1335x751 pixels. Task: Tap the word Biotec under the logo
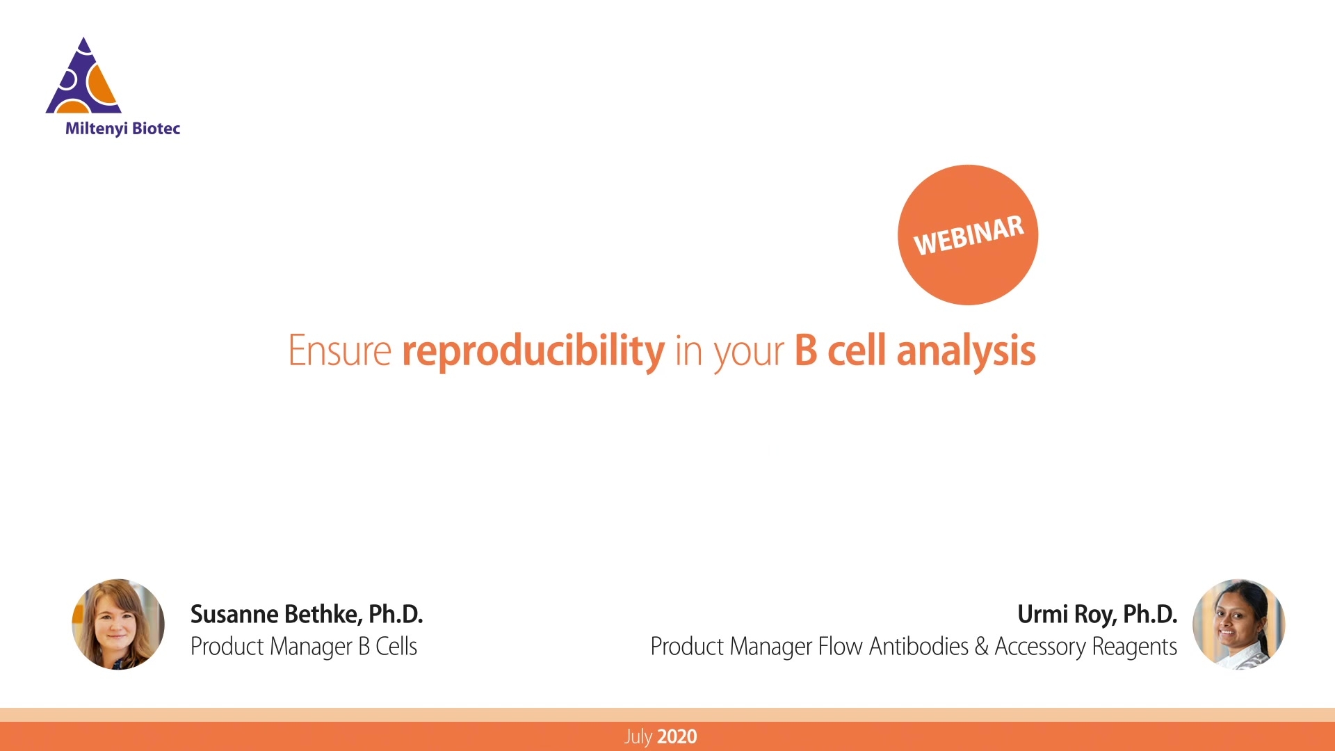point(156,129)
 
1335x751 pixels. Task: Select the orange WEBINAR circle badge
point(967,234)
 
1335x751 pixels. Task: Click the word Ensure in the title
point(339,350)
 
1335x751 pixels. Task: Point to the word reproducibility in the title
point(533,350)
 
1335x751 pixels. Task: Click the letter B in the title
point(805,350)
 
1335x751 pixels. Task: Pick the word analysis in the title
point(966,350)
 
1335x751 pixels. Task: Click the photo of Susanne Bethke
point(118,624)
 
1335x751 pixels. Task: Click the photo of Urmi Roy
point(1238,624)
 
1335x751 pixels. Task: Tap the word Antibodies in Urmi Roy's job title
point(918,647)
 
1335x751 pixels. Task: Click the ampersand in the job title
point(981,647)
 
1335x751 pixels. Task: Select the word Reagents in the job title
point(1134,647)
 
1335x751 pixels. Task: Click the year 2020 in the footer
point(677,737)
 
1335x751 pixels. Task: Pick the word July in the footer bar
point(638,737)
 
